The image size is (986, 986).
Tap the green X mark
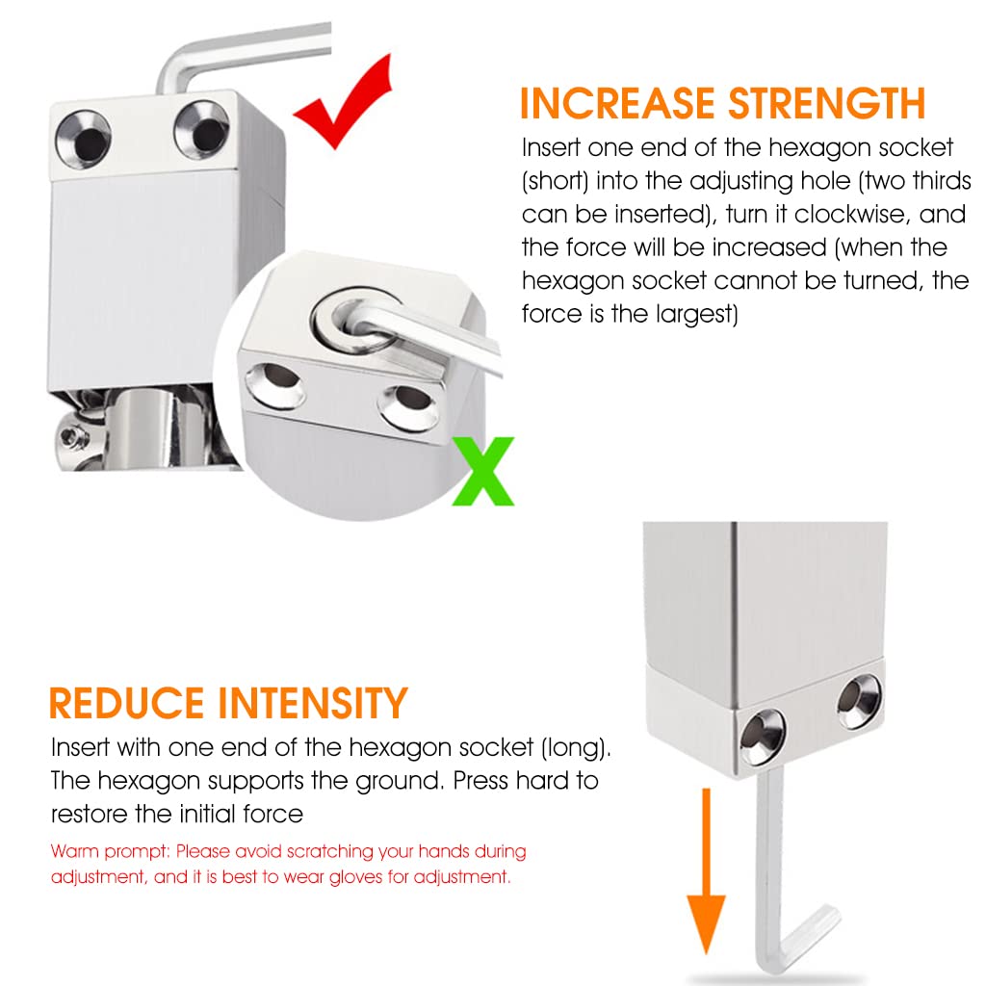483,471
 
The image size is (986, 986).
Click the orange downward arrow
706,870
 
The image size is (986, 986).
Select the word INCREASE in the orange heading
618,103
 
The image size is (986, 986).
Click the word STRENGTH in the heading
827,103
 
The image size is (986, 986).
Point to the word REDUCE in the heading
126,703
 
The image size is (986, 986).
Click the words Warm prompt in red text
110,851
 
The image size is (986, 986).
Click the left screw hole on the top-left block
84,139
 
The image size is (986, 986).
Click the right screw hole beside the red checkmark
202,130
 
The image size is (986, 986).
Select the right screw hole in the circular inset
407,406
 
